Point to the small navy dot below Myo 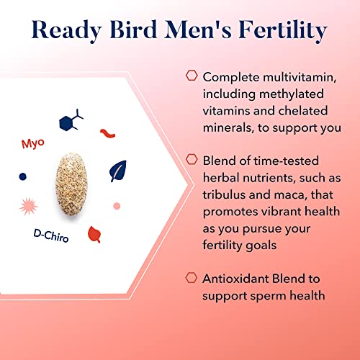tap(22, 176)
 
